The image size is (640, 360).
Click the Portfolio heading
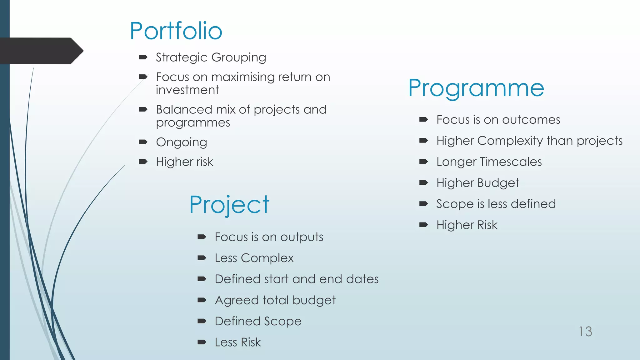coord(176,31)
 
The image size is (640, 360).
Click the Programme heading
coord(476,88)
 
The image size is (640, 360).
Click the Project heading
coord(229,205)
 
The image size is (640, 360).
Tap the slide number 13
coord(585,332)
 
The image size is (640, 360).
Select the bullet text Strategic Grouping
coord(211,57)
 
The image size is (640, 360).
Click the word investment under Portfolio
coord(187,90)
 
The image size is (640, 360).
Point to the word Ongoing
coord(182,142)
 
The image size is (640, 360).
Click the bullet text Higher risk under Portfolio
coord(184,162)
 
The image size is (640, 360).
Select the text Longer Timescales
coord(489,162)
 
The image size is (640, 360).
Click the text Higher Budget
coord(477,183)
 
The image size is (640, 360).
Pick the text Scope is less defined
coord(496,204)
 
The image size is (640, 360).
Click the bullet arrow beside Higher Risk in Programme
coord(423,225)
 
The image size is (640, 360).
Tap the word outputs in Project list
coord(302,237)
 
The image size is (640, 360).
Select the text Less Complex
coord(254,258)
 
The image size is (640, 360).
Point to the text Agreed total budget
coord(275,300)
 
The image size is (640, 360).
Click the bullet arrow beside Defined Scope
coord(202,321)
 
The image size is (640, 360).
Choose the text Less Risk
coord(237,342)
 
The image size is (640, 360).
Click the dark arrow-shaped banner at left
coord(41,51)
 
